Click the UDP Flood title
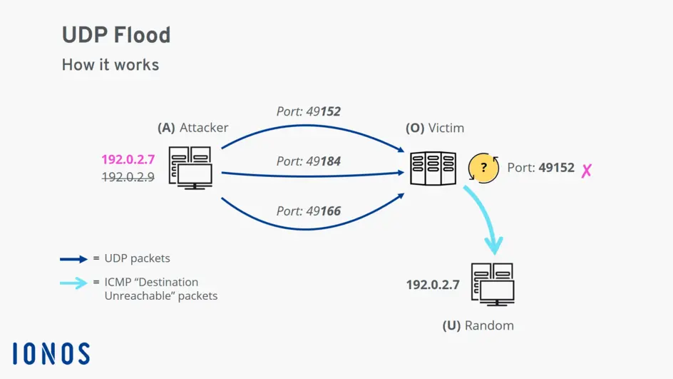click(116, 35)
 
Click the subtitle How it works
click(111, 65)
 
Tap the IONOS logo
click(51, 354)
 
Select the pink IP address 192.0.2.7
click(128, 160)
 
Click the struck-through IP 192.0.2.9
click(128, 177)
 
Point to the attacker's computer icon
click(190, 168)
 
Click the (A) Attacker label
click(192, 128)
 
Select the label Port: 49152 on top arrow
click(308, 111)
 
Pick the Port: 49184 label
click(308, 161)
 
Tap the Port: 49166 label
click(308, 211)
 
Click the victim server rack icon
click(433, 169)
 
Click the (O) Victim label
click(435, 128)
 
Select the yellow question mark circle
click(483, 168)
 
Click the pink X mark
click(586, 171)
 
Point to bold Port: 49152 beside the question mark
click(540, 168)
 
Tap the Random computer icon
click(493, 284)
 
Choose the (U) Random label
click(478, 325)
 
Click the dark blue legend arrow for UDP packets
click(74, 258)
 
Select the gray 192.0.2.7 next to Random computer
click(433, 285)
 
